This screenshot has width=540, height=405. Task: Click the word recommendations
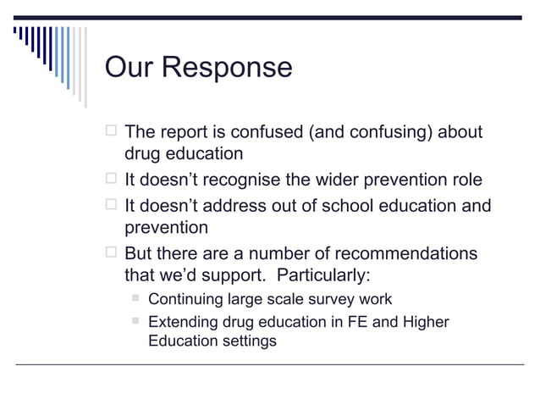pos(405,254)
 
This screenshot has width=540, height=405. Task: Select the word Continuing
pos(185,299)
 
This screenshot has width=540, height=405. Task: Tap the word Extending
pos(181,322)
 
